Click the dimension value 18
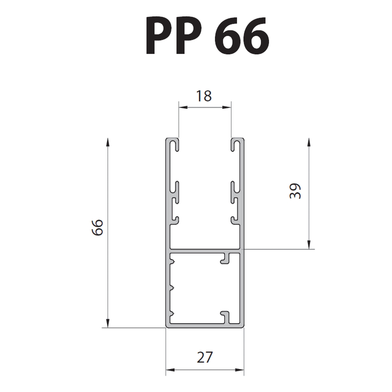204,96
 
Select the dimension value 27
205,357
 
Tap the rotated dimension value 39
295,191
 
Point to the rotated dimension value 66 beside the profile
97,227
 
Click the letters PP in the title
173,36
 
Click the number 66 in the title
242,36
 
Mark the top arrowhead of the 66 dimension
108,142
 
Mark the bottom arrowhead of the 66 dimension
108,323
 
